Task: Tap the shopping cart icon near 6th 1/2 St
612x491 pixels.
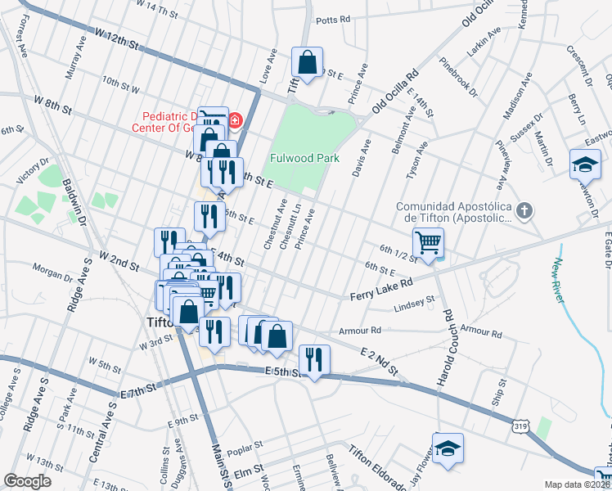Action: [429, 242]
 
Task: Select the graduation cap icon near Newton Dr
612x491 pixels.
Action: [585, 164]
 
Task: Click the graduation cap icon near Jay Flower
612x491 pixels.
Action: [448, 448]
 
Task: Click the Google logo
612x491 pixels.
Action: [28, 480]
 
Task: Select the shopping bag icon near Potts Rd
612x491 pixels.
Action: [308, 62]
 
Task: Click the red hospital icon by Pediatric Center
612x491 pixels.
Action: [236, 121]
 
